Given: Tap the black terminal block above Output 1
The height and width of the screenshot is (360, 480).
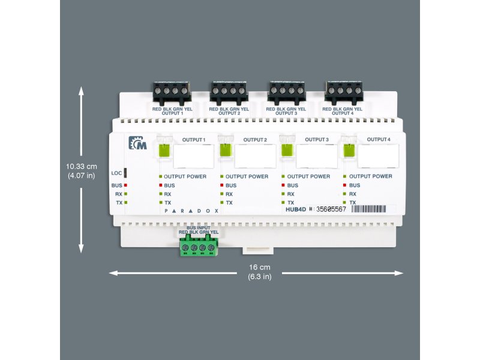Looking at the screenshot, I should pyautogui.click(x=172, y=91).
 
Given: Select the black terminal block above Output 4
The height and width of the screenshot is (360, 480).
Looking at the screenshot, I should pyautogui.click(x=344, y=91).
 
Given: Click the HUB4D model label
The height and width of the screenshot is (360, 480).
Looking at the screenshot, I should pyautogui.click(x=296, y=209).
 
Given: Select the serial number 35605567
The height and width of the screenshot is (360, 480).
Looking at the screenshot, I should pyautogui.click(x=331, y=209).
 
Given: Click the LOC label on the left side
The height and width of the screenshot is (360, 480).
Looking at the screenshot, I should pyautogui.click(x=116, y=173).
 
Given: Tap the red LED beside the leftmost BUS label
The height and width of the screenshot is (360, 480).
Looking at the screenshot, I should pyautogui.click(x=126, y=185).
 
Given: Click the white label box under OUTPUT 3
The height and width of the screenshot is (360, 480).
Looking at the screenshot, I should pyautogui.click(x=317, y=156).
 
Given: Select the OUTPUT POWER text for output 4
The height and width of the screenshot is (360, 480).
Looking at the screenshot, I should pyautogui.click(x=371, y=176).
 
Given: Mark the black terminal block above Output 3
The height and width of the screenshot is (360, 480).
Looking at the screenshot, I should pyautogui.click(x=287, y=91).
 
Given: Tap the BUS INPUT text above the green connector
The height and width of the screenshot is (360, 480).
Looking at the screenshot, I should pyautogui.click(x=198, y=228).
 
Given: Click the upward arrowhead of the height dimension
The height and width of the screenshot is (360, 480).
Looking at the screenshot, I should pyautogui.click(x=82, y=90).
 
